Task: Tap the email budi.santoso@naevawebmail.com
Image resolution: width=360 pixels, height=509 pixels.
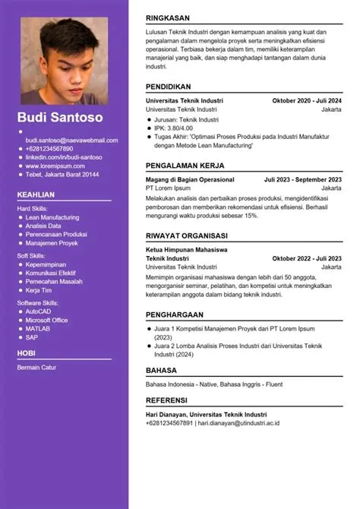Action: [x=71, y=141]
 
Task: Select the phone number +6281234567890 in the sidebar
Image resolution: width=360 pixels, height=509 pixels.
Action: [x=49, y=149]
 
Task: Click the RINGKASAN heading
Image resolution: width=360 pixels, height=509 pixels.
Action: [x=169, y=17]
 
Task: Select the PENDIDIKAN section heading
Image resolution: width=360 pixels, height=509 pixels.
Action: [x=169, y=87]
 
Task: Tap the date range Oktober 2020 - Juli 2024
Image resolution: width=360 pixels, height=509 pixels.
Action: [x=307, y=100]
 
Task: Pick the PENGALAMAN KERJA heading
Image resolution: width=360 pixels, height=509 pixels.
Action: [x=185, y=165]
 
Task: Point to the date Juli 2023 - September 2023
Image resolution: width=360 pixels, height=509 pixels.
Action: [x=302, y=179]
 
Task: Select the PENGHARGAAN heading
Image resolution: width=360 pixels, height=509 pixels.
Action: [x=175, y=314]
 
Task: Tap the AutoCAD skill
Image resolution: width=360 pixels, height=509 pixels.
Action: [x=38, y=311]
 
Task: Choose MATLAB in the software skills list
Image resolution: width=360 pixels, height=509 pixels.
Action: [x=37, y=328]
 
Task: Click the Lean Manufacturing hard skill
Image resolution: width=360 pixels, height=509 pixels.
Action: [x=52, y=217]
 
